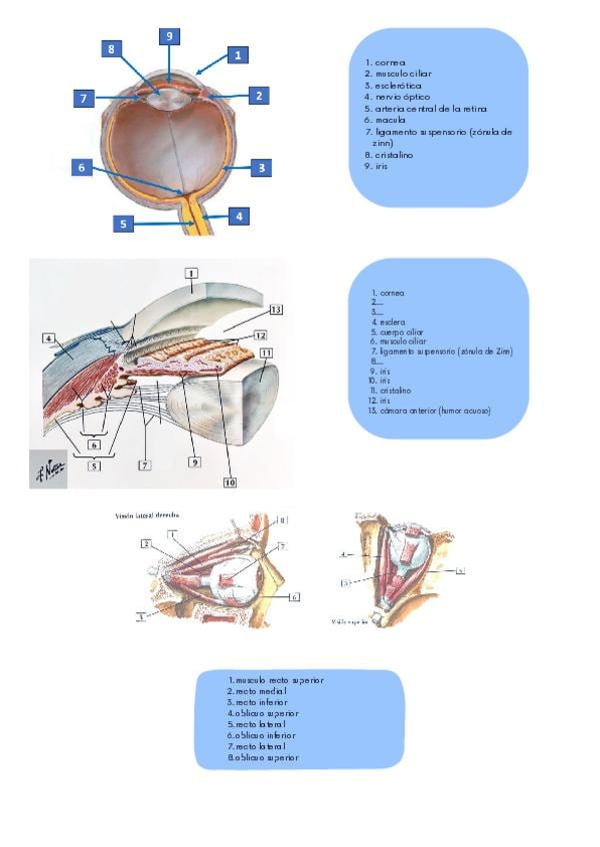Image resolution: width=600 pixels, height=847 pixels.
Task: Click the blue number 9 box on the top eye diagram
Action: click(170, 36)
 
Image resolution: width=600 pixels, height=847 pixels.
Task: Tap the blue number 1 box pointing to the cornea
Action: click(237, 55)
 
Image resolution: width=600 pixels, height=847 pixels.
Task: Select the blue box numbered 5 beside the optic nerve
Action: click(124, 224)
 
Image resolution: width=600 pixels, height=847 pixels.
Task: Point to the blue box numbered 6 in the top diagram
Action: click(82, 168)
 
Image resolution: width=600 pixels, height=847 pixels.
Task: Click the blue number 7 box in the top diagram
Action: click(84, 99)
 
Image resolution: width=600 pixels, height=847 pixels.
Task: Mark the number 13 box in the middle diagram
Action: click(276, 309)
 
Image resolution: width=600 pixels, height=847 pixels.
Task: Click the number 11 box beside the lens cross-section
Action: click(266, 353)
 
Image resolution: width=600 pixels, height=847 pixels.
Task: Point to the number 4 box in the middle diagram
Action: click(48, 338)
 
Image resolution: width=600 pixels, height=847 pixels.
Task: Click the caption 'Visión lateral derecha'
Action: click(147, 515)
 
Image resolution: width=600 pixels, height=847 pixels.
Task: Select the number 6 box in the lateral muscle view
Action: click(296, 596)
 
